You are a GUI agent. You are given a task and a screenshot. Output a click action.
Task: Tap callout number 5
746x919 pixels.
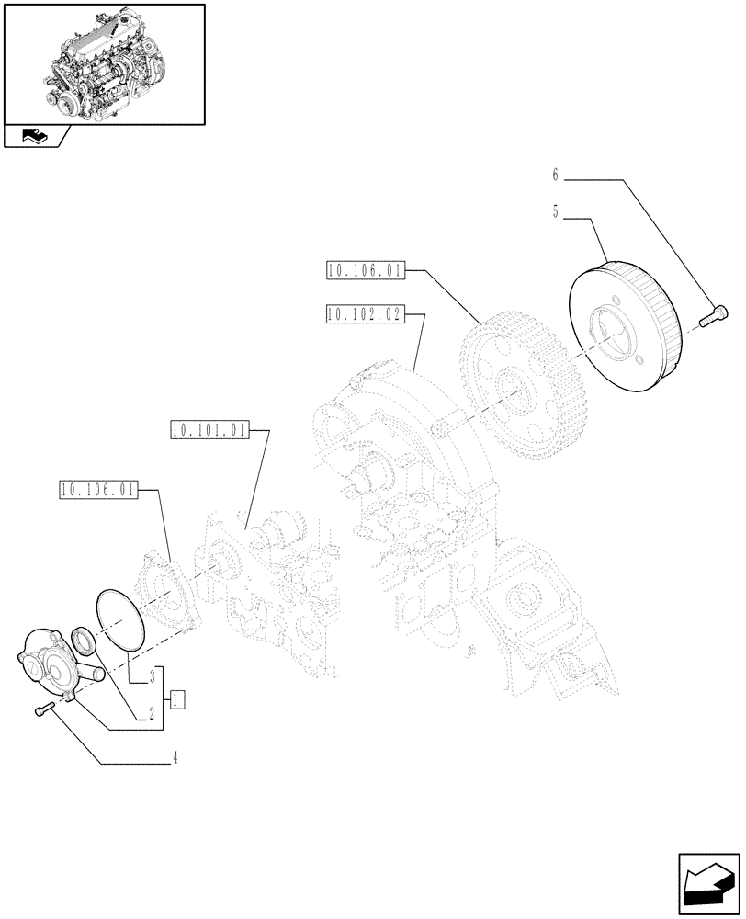[x=556, y=211]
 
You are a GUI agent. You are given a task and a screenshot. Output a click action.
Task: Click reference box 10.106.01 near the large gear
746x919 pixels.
[x=363, y=270]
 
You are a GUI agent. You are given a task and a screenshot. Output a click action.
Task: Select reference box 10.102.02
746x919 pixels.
[x=363, y=314]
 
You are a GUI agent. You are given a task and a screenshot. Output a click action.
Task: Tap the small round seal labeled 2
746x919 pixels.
[x=81, y=641]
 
